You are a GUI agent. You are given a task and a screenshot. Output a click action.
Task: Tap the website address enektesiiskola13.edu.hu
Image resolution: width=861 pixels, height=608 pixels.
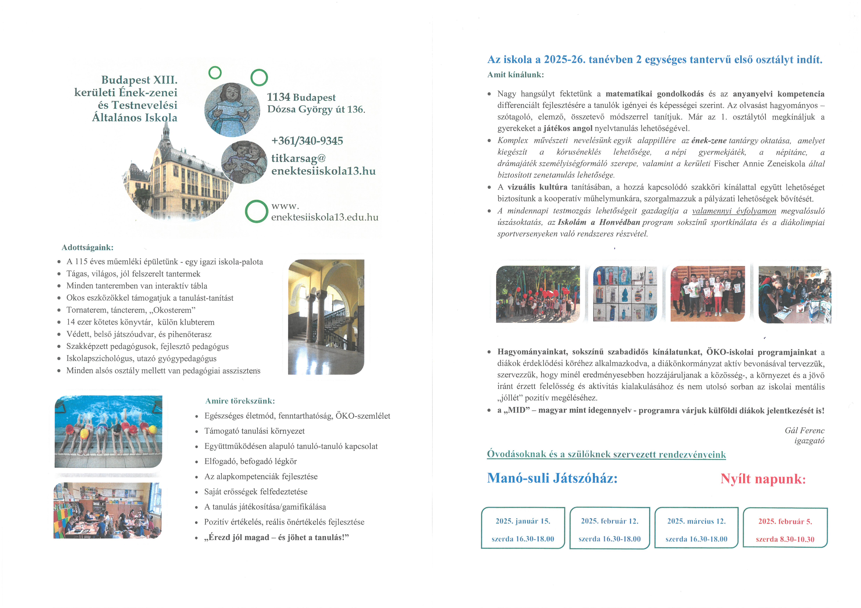(325, 217)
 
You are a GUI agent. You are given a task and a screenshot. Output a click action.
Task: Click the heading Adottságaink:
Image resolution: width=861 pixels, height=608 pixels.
(87, 248)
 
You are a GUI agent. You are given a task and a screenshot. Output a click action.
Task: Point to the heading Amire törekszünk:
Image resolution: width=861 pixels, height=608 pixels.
(240, 401)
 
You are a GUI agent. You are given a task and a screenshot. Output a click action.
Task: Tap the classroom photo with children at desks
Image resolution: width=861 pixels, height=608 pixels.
(108, 510)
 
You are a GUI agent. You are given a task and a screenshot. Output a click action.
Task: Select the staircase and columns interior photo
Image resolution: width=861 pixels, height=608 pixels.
(326, 317)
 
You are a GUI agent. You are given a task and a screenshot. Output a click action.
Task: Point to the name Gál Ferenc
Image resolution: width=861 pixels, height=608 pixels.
(804, 430)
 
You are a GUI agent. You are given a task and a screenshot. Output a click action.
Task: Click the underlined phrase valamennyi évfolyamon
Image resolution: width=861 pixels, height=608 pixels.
(734, 211)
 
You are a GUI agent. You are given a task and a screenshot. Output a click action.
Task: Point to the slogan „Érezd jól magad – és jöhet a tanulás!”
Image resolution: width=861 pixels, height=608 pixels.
(276, 538)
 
